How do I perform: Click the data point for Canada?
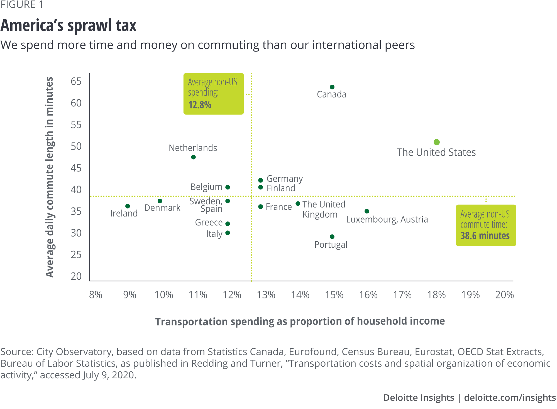click(x=332, y=87)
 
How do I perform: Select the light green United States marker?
click(x=437, y=142)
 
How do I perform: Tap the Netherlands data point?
click(x=193, y=157)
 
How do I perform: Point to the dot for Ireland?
click(x=128, y=206)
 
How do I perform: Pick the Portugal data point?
click(x=332, y=237)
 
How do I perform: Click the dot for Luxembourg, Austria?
click(x=367, y=211)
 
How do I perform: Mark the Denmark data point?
click(x=160, y=201)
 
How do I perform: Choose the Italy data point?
click(x=228, y=233)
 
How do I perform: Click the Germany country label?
click(x=285, y=179)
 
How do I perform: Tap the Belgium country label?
click(x=206, y=187)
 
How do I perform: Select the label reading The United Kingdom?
click(x=324, y=209)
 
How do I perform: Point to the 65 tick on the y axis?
click(x=76, y=81)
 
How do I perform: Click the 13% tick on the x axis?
click(x=266, y=295)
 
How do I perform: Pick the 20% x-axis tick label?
click(x=504, y=295)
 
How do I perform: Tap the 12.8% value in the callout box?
click(x=200, y=105)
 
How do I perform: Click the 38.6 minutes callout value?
click(x=485, y=236)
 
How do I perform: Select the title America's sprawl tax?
click(x=69, y=26)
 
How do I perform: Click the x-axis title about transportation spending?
click(x=300, y=322)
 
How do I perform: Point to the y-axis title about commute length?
click(x=50, y=177)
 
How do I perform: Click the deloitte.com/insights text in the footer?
click(x=510, y=398)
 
